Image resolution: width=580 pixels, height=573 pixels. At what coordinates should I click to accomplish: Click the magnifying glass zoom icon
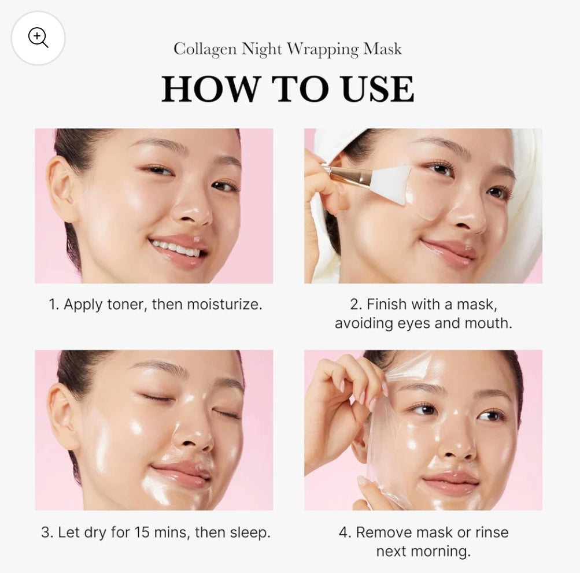click(x=38, y=38)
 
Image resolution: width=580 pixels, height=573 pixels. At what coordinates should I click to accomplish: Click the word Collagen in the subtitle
click(x=205, y=49)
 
